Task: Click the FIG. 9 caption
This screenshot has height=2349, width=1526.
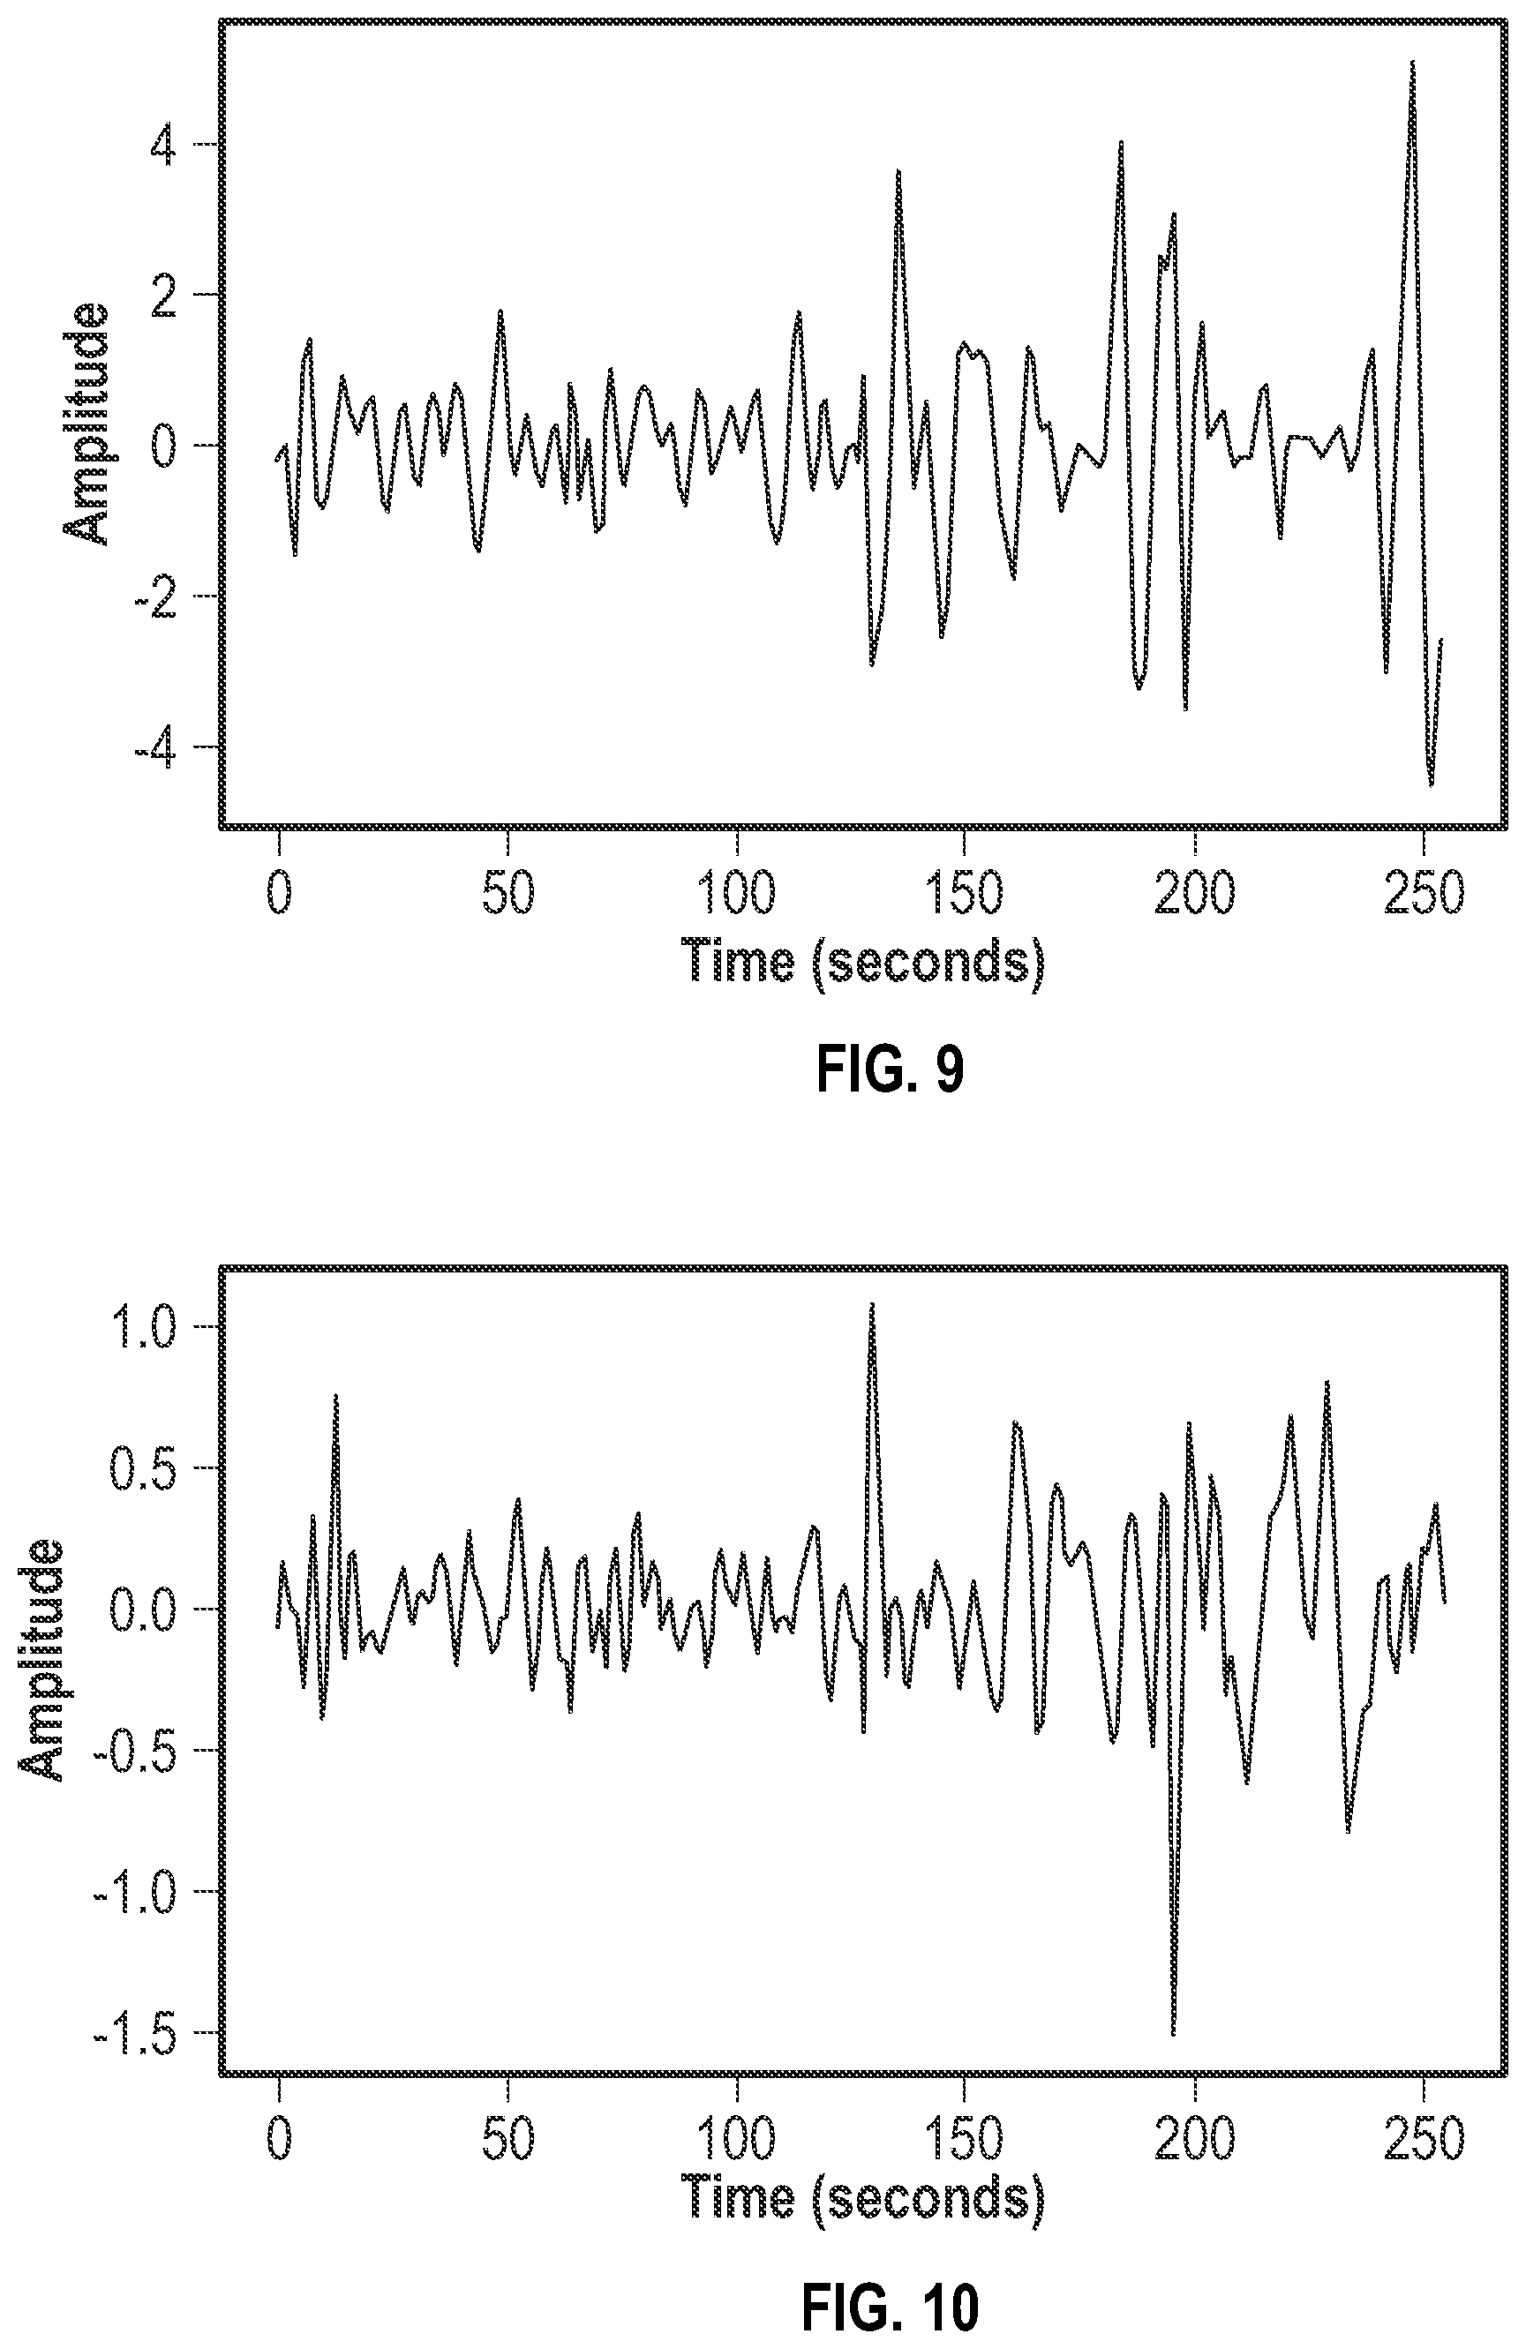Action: [890, 1071]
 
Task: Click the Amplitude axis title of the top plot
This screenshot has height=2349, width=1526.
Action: [86, 424]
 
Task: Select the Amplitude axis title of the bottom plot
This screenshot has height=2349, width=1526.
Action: [41, 1660]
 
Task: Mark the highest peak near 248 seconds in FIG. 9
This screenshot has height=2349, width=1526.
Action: [1412, 61]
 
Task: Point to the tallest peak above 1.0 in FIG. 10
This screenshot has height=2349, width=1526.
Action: [873, 1304]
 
